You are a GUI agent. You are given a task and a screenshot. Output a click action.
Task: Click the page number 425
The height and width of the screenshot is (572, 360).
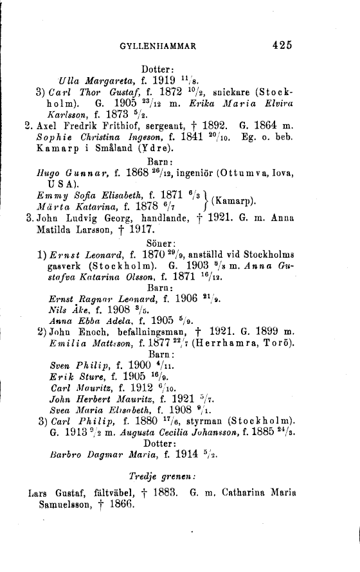tap(282, 45)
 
